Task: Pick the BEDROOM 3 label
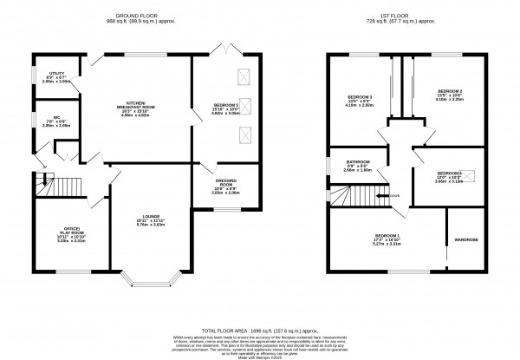(359, 97)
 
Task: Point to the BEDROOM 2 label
(449, 94)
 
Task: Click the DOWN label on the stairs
(394, 196)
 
